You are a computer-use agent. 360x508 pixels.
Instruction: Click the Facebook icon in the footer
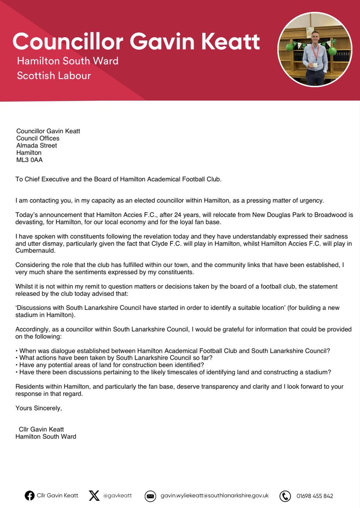pos(30,495)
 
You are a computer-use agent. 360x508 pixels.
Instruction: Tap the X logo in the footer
pos(94,495)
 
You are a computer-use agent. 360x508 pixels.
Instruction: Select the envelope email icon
pos(150,496)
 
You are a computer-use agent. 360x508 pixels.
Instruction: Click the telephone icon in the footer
pos(285,496)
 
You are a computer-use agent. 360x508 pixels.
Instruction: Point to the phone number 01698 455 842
pos(315,496)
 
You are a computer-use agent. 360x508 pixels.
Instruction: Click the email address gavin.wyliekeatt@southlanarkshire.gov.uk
pos(214,495)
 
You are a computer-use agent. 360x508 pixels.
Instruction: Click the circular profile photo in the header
pos(315,50)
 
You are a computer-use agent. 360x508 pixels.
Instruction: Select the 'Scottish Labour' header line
pos(54,76)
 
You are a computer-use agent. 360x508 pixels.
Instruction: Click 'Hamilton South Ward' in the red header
pos(67,61)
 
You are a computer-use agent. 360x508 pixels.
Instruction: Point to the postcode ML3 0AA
pos(29,160)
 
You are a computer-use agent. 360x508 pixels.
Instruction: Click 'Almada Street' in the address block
pos(36,146)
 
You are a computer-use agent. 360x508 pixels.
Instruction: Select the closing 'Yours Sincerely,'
pos(39,408)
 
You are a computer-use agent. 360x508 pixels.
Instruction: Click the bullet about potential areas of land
pos(110,365)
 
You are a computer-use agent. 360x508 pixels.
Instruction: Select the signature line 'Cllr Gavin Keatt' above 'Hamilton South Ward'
pos(42,429)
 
